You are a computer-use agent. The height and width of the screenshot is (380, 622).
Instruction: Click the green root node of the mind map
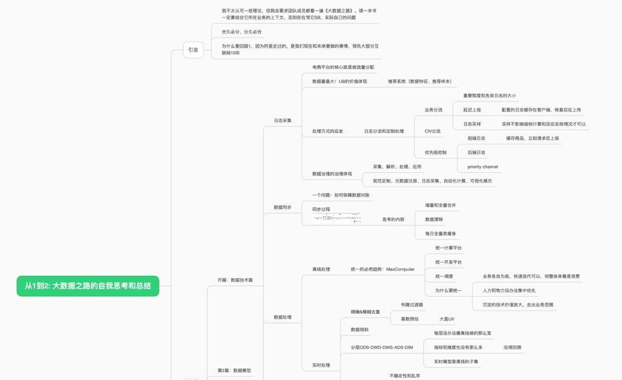click(x=88, y=286)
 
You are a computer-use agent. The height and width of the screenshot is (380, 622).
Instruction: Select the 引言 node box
click(x=193, y=50)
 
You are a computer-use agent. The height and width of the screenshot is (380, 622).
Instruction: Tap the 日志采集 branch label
click(x=282, y=120)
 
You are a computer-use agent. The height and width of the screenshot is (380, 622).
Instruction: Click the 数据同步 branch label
click(x=282, y=207)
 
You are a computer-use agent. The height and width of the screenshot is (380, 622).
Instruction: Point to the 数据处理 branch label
click(x=282, y=317)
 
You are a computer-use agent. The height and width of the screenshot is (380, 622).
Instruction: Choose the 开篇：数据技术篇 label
click(x=235, y=280)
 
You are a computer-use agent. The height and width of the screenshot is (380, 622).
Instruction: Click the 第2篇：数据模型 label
click(x=234, y=370)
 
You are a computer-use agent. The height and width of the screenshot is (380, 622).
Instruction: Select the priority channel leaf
click(x=483, y=167)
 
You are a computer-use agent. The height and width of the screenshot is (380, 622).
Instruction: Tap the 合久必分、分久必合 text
click(x=241, y=32)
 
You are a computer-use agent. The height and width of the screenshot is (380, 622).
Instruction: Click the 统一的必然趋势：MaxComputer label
click(x=382, y=269)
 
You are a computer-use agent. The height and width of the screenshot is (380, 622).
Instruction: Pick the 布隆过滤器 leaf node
click(x=412, y=305)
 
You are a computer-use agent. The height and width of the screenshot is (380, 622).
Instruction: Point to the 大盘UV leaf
click(x=447, y=318)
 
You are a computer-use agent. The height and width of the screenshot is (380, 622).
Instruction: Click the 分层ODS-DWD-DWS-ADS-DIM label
click(x=382, y=347)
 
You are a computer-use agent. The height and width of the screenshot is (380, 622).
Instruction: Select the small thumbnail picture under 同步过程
click(x=337, y=218)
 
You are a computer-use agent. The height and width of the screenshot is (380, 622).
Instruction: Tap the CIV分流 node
click(x=433, y=131)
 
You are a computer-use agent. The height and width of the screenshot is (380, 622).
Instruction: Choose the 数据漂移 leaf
click(x=434, y=219)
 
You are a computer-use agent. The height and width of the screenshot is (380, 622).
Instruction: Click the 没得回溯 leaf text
click(x=513, y=347)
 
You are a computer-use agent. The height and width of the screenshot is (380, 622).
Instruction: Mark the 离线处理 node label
click(x=321, y=269)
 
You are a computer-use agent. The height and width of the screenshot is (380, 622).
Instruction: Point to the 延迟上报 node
click(x=472, y=109)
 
